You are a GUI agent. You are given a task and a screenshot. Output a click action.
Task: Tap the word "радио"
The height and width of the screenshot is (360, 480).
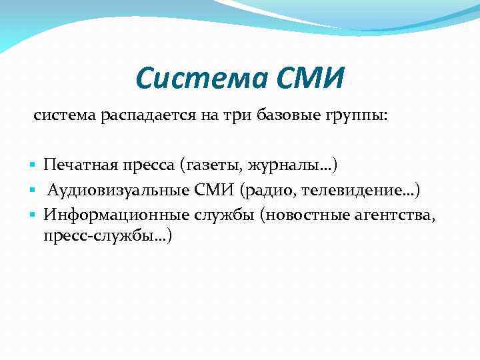click(273, 191)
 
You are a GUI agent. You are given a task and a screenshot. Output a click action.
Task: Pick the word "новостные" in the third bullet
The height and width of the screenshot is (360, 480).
click(307, 215)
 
